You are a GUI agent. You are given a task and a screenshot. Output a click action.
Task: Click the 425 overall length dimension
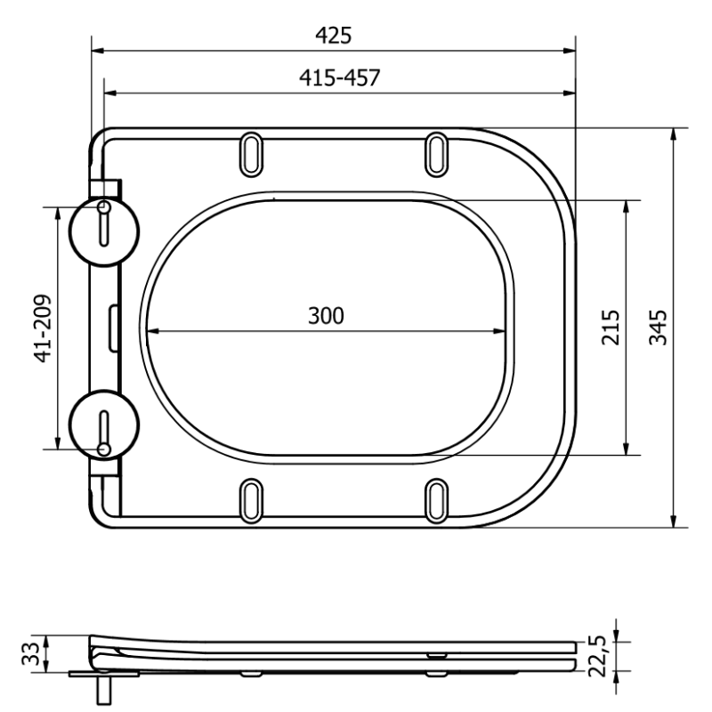click(x=334, y=35)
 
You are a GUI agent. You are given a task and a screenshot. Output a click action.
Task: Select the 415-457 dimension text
click(x=338, y=77)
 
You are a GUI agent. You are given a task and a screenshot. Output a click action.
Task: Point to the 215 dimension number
click(x=610, y=327)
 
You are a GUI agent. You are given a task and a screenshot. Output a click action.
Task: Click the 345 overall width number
click(x=657, y=327)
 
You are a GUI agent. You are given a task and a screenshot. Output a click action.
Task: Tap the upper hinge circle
click(x=105, y=230)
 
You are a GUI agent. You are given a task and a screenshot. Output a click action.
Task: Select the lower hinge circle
click(x=105, y=425)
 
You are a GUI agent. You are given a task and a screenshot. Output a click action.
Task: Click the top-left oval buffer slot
click(x=251, y=152)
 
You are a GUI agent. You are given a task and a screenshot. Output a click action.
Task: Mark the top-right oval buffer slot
click(x=436, y=152)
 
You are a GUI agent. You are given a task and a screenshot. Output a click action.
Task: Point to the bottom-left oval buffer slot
click(x=251, y=500)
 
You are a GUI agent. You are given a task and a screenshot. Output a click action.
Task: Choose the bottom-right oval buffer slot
click(x=436, y=500)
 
